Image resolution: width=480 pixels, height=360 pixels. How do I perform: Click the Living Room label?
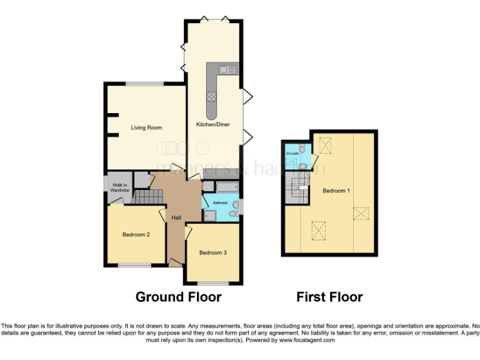(146, 127)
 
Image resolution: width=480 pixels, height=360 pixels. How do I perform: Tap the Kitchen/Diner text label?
(213, 124)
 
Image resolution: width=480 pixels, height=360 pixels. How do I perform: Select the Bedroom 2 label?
(136, 235)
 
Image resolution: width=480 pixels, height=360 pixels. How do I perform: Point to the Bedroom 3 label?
(212, 252)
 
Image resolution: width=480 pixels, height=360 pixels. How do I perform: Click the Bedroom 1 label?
(336, 191)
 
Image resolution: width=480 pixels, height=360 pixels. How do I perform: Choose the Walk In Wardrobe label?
(119, 187)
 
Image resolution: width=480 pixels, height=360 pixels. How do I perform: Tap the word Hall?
(177, 217)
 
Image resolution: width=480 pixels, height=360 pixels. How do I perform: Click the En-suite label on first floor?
(292, 153)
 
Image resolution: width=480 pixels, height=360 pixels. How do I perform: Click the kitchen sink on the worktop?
(227, 69)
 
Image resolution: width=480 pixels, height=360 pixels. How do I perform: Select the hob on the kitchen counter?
(212, 96)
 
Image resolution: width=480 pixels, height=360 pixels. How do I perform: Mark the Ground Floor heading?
(178, 297)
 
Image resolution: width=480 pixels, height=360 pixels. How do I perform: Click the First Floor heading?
(329, 297)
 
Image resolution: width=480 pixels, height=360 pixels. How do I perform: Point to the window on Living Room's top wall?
(144, 83)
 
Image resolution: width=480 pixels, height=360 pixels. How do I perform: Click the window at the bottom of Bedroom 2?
(135, 265)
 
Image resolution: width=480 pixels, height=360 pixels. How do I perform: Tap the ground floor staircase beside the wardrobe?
(148, 198)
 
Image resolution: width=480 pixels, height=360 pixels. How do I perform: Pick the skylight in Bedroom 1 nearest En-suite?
(326, 146)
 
